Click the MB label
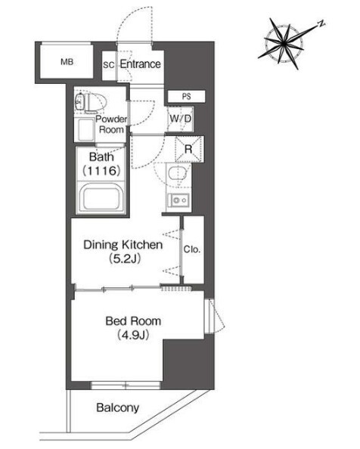[x=67, y=61]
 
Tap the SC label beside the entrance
[x=109, y=65]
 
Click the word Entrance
[x=141, y=63]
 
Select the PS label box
[x=187, y=97]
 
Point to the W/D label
[x=181, y=118]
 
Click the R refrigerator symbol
[x=189, y=149]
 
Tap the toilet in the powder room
[x=91, y=102]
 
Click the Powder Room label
[x=111, y=124]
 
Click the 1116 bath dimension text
[x=101, y=171]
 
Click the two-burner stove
[x=178, y=200]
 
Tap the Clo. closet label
[x=191, y=249]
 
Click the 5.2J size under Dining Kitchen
[x=125, y=259]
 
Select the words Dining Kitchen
[x=123, y=245]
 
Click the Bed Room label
[x=133, y=321]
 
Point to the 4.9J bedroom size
[x=133, y=335]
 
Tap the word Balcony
[x=118, y=407]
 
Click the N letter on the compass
[x=322, y=24]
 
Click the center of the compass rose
[x=284, y=44]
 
